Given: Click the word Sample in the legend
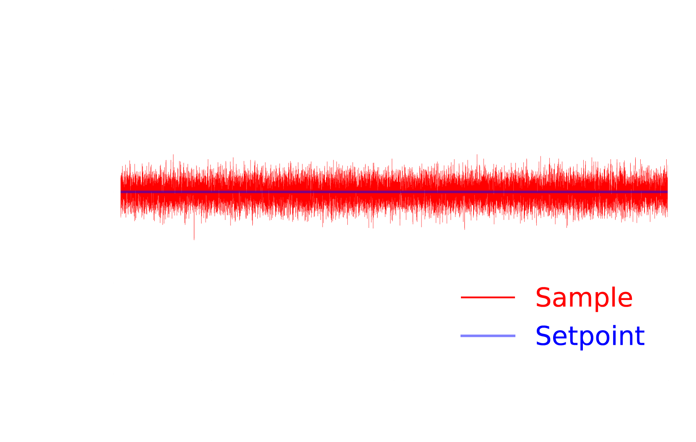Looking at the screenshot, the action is (584, 298).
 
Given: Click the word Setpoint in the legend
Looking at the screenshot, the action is (590, 336).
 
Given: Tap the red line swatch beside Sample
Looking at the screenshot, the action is (488, 297).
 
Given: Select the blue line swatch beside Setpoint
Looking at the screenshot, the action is (488, 336).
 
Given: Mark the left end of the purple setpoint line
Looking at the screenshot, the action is (121, 192).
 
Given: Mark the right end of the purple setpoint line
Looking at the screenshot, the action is (668, 192).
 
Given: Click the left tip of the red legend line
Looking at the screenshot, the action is (461, 297).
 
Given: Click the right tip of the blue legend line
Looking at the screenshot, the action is (515, 336).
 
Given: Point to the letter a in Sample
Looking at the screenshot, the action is (559, 300).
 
